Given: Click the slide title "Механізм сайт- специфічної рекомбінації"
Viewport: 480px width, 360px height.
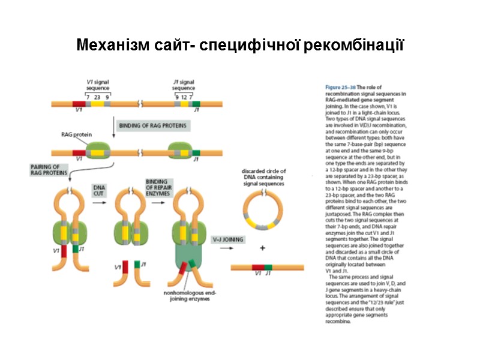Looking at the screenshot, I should pos(240,46).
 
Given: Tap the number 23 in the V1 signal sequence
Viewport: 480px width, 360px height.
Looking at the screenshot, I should pos(97,96).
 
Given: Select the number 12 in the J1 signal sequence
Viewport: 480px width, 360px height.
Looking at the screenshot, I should pos(184,96).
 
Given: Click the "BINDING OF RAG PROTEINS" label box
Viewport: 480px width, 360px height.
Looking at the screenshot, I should pos(152,125).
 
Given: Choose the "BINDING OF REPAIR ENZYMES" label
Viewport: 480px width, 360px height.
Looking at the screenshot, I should pos(158,186).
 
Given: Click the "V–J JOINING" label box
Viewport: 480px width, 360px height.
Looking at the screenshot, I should pos(229,239).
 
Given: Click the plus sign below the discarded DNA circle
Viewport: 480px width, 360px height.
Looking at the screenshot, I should pos(262,247).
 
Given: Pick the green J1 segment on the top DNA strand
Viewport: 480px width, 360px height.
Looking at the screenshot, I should pos(196,104).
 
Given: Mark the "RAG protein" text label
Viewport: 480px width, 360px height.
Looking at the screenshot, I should pos(76,135).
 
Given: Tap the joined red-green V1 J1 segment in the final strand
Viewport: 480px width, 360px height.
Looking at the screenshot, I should pos(262,266).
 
